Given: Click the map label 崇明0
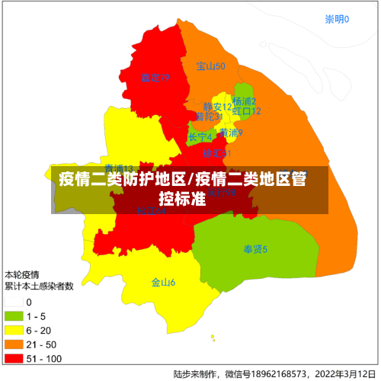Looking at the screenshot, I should (336, 19).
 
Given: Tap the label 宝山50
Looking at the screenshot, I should (211, 66).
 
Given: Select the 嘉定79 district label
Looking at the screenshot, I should (155, 78).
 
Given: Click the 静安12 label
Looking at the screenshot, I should (217, 107).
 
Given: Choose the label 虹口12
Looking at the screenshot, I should (247, 111).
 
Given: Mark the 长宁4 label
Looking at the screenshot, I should (200, 137).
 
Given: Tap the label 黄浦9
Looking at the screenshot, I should (231, 133).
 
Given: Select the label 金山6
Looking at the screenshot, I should (163, 283).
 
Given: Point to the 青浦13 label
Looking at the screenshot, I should (119, 168).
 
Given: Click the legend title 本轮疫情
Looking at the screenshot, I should (22, 274).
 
